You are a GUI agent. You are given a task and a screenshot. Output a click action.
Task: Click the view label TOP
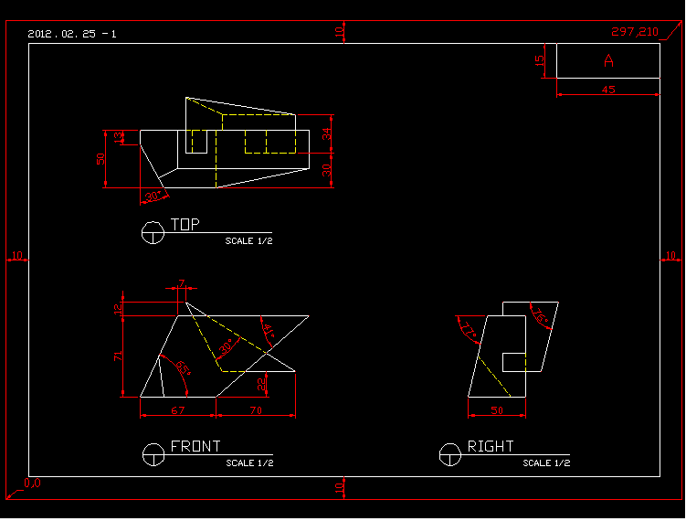185,224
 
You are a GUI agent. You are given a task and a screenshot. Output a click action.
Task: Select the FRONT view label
195,446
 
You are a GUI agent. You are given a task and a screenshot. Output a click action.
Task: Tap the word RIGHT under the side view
491,446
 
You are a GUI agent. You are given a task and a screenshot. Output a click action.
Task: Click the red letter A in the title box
608,61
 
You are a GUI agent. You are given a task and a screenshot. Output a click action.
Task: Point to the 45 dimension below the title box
608,90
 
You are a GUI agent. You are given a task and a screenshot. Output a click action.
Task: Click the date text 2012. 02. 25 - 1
72,34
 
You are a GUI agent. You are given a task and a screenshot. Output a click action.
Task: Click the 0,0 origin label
32,483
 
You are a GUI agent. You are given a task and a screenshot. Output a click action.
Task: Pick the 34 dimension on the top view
326,135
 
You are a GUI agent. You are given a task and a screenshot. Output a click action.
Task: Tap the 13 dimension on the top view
118,137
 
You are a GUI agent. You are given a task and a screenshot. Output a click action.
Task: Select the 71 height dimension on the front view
118,356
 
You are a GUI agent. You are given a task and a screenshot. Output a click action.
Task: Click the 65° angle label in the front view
183,368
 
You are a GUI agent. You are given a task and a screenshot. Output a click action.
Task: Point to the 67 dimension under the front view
177,411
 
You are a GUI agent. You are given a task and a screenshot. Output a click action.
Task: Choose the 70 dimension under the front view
255,411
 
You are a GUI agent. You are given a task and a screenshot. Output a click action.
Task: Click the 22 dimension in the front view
261,384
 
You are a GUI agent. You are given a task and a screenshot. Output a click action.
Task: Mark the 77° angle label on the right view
470,330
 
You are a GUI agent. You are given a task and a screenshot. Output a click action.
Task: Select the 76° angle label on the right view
540,317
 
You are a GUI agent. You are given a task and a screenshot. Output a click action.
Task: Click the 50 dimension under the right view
497,411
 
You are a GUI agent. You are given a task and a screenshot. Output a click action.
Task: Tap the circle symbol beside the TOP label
153,233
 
